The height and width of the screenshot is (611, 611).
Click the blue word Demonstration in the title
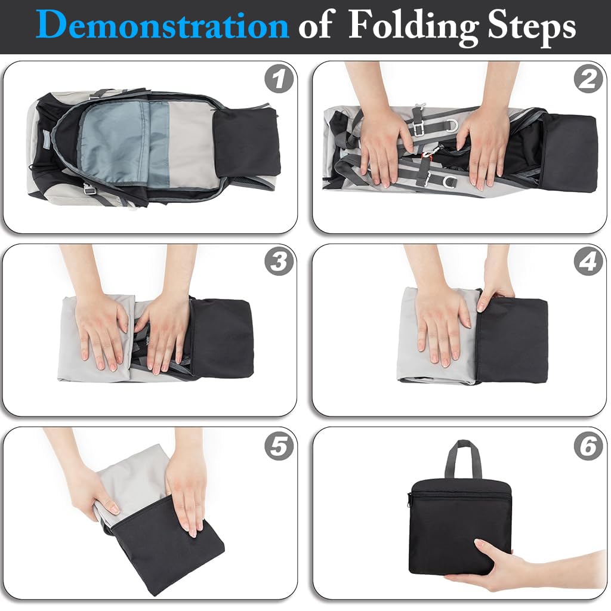tap(162, 24)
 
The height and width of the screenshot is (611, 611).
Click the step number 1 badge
tap(279, 79)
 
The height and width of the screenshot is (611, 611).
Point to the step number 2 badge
tap(588, 79)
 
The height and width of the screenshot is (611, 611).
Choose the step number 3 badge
tap(279, 261)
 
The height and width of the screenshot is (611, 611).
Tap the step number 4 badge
tap(588, 261)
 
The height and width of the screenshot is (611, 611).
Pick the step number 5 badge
tap(279, 445)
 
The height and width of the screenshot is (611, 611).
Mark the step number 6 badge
tap(588, 445)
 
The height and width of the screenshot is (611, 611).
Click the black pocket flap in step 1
tap(246, 142)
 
